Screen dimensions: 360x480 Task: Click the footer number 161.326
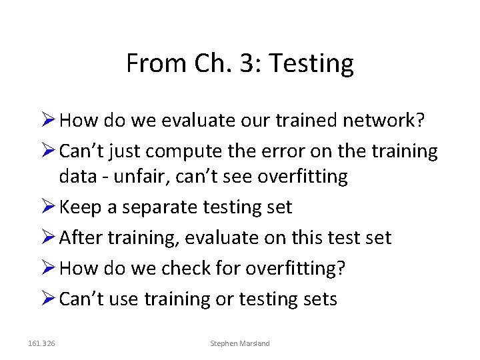(42, 343)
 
